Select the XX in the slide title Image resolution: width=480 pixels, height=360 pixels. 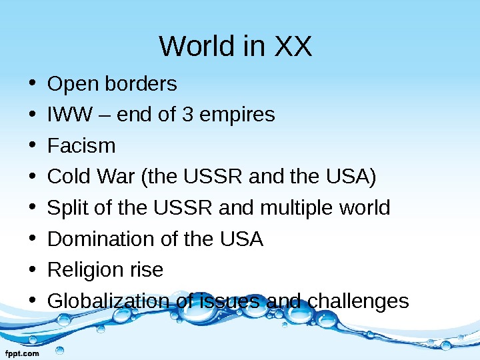click(293, 47)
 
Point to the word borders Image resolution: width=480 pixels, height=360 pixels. click(141, 84)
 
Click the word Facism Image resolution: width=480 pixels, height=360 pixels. click(81, 145)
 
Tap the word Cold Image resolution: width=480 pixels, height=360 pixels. click(71, 177)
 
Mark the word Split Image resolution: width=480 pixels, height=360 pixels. click(66, 208)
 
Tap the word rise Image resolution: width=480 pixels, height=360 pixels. click(147, 270)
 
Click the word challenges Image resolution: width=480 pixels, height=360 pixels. click(357, 301)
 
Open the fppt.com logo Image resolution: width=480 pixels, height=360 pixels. click(23, 353)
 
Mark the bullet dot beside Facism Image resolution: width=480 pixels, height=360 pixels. click(32, 146)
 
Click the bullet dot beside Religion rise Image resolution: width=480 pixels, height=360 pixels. click(32, 271)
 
